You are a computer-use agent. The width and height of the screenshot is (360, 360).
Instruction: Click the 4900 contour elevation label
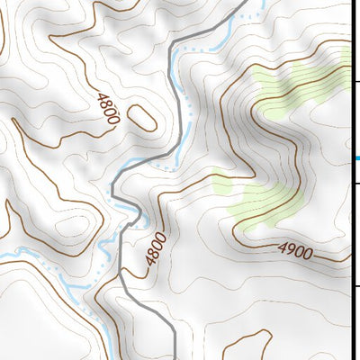click(x=296, y=251)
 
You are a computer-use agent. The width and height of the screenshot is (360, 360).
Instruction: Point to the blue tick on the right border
click(x=355, y=159)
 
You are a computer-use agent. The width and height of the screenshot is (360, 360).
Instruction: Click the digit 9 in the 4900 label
click(x=290, y=250)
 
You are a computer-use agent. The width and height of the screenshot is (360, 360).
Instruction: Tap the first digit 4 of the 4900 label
click(x=282, y=247)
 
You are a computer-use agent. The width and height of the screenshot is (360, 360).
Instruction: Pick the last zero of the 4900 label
click(x=310, y=255)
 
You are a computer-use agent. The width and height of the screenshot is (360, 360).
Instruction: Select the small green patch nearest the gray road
click(x=221, y=184)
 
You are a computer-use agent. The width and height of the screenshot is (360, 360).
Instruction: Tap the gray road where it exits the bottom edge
click(x=174, y=356)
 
